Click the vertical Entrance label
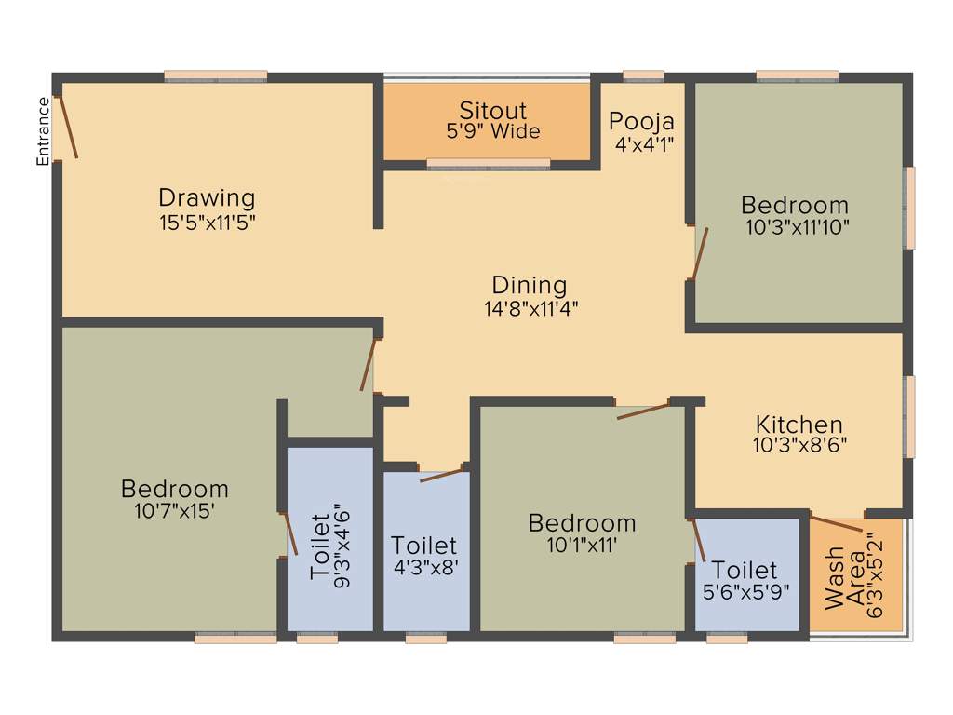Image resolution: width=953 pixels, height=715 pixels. (x=42, y=131)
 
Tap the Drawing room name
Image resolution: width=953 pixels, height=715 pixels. (x=207, y=197)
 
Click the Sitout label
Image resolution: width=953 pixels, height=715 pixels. (x=492, y=111)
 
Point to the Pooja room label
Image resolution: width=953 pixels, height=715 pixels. (x=641, y=121)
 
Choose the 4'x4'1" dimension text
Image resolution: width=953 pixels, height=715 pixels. (x=643, y=144)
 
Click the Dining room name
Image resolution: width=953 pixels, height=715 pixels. (x=530, y=285)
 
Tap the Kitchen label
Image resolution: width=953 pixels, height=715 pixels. (x=799, y=424)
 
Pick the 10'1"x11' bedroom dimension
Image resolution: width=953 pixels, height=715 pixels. (x=582, y=545)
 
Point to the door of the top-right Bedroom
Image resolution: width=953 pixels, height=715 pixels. (x=700, y=253)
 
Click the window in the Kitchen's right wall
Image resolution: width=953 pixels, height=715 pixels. (x=909, y=417)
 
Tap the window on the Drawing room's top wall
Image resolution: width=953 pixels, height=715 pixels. (x=216, y=76)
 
